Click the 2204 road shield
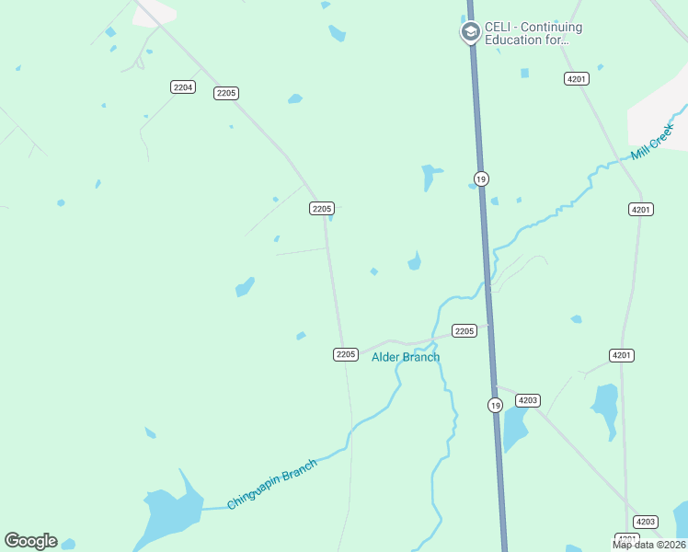coord(183,86)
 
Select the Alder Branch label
coord(406,357)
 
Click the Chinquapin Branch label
coord(271,484)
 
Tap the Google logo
coord(30,541)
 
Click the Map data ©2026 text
coord(649,545)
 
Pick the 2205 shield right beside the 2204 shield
coord(226,93)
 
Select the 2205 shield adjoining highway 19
coord(464,330)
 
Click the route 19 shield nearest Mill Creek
coord(481,178)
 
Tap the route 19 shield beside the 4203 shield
coord(495,405)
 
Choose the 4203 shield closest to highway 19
coord(528,400)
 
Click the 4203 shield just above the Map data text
coord(647,522)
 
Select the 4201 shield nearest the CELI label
coord(577,79)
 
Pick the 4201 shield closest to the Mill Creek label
coord(641,210)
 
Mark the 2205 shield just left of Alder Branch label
coord(345,354)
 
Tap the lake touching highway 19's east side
coord(514,427)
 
